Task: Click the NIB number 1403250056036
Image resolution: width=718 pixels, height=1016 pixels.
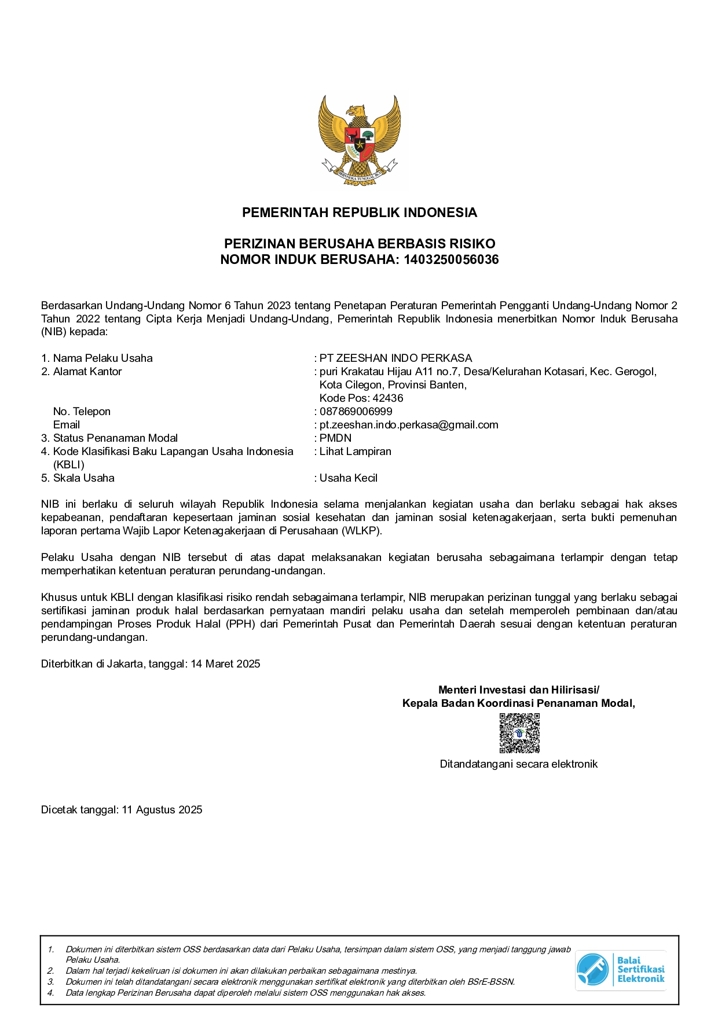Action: [451, 259]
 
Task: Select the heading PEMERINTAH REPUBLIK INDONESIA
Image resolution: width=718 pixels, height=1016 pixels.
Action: [359, 212]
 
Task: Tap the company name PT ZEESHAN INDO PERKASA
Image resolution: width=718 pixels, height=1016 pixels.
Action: [396, 358]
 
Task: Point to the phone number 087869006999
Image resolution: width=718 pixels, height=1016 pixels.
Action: [356, 412]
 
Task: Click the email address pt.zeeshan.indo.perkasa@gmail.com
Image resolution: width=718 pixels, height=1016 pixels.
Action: [409, 425]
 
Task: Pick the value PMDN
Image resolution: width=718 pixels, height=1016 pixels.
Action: [335, 438]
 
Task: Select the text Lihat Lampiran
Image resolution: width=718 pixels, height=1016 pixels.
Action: [355, 452]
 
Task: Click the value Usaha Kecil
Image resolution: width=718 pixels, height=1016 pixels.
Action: [348, 478]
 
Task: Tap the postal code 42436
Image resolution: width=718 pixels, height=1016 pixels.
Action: [387, 398]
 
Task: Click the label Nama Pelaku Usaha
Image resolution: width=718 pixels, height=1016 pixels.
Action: [102, 358]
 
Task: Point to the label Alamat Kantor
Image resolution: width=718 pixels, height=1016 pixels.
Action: [87, 372]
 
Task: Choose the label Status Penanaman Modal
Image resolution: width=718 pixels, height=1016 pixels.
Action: [115, 438]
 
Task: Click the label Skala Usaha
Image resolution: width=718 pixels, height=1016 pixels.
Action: [83, 478]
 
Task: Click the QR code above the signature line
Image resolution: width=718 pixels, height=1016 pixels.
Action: [519, 733]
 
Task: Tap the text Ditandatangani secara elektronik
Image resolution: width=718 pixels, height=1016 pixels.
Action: [518, 764]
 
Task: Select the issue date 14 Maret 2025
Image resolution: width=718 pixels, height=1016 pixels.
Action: [225, 664]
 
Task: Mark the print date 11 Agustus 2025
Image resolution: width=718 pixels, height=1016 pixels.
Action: [162, 810]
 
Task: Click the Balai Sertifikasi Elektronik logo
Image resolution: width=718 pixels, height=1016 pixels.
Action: [620, 970]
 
